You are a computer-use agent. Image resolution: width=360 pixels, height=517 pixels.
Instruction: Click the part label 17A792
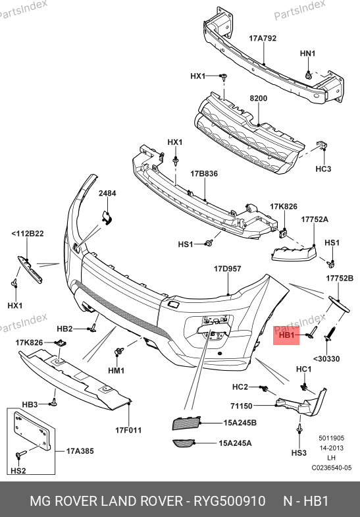coord(263,38)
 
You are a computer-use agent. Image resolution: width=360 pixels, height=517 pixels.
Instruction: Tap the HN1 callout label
coord(307,53)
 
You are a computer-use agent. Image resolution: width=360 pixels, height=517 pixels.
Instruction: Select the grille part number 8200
coord(258,98)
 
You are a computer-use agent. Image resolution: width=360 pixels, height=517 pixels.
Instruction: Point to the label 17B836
coord(204,174)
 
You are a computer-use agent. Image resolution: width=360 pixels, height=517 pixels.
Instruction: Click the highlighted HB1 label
coord(286,335)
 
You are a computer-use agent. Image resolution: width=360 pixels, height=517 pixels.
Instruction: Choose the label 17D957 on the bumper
coord(227,269)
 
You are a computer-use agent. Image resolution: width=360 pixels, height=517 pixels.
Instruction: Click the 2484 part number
coord(107,193)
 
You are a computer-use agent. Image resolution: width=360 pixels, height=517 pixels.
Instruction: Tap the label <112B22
coord(28,234)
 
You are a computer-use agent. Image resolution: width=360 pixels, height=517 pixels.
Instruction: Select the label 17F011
coord(128,430)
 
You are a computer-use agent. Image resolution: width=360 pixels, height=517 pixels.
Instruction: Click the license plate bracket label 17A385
coord(80,451)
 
